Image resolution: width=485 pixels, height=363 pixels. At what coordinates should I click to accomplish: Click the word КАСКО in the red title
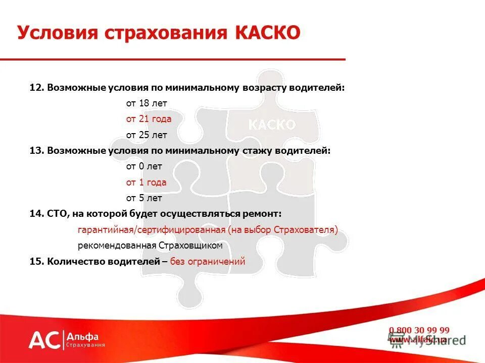pos(267,33)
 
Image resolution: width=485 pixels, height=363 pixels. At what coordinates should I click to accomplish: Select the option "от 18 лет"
pos(146,103)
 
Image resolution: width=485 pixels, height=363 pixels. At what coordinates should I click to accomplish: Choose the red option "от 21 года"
pos(149,119)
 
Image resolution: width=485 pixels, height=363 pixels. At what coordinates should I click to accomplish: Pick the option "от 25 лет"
pos(146,135)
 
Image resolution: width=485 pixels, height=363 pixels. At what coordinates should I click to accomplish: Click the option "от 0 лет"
pos(144,166)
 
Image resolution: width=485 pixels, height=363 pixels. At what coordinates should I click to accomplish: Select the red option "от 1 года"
pos(146,183)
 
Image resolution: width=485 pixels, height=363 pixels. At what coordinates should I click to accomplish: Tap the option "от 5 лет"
pos(144,198)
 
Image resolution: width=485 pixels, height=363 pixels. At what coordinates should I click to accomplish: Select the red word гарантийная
pos(105,230)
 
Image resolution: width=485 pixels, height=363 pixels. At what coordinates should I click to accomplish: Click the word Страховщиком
pos(190,246)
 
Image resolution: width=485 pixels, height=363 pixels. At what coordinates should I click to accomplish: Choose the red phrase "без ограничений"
pos(208,261)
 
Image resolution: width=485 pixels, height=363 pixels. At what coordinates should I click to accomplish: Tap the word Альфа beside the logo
pos(83,336)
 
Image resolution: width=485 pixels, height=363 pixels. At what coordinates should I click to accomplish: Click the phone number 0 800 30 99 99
pos(419,330)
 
